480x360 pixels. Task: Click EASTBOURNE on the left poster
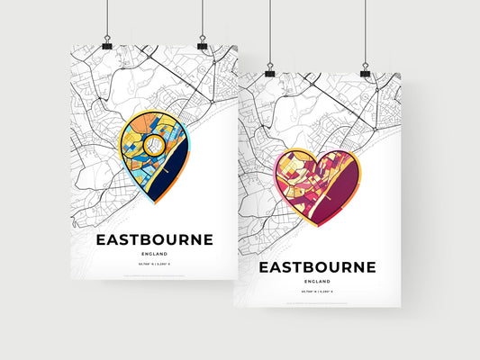(155, 239)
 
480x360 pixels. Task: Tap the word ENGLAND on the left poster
(155, 255)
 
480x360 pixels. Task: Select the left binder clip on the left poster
(107, 44)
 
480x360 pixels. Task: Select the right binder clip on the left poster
(202, 44)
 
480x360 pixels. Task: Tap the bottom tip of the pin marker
(155, 202)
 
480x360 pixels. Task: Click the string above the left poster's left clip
(107, 18)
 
